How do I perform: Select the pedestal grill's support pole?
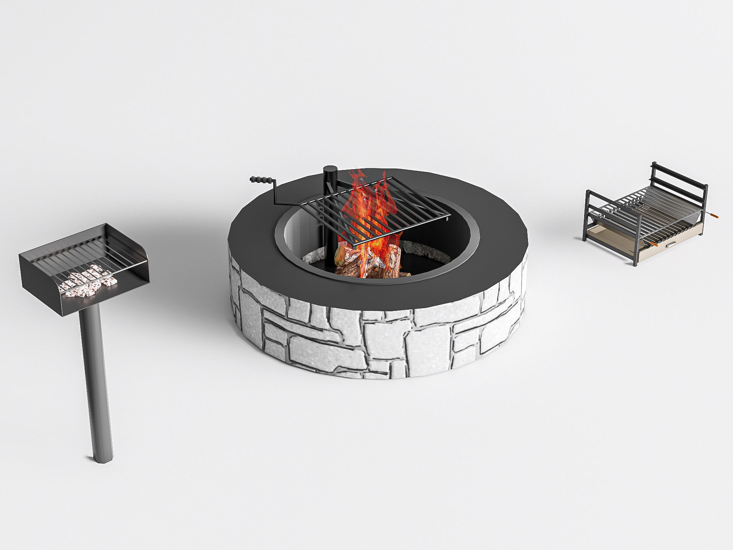pyautogui.click(x=94, y=374)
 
